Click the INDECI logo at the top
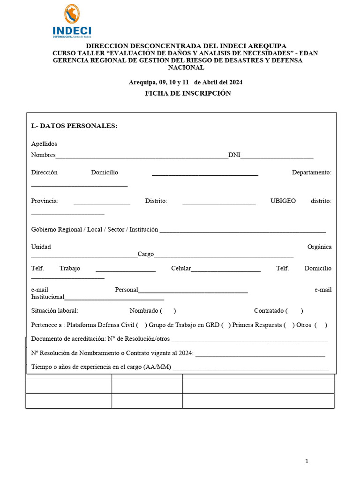pyautogui.click(x=72, y=22)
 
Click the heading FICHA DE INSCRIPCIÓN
pyautogui.click(x=188, y=93)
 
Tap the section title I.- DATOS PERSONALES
pyautogui.click(x=74, y=126)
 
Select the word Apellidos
pyautogui.click(x=44, y=144)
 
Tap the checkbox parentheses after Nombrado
pyautogui.click(x=168, y=310)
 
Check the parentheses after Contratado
pyautogui.click(x=294, y=310)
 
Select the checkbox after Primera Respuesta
pyautogui.click(x=289, y=325)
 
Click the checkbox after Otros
pyautogui.click(x=321, y=325)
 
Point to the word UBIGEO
pyautogui.click(x=283, y=201)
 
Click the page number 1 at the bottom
pyautogui.click(x=307, y=461)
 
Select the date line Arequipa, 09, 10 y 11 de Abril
pyautogui.click(x=186, y=82)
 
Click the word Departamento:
pyautogui.click(x=311, y=172)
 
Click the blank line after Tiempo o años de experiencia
pyautogui.click(x=251, y=369)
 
